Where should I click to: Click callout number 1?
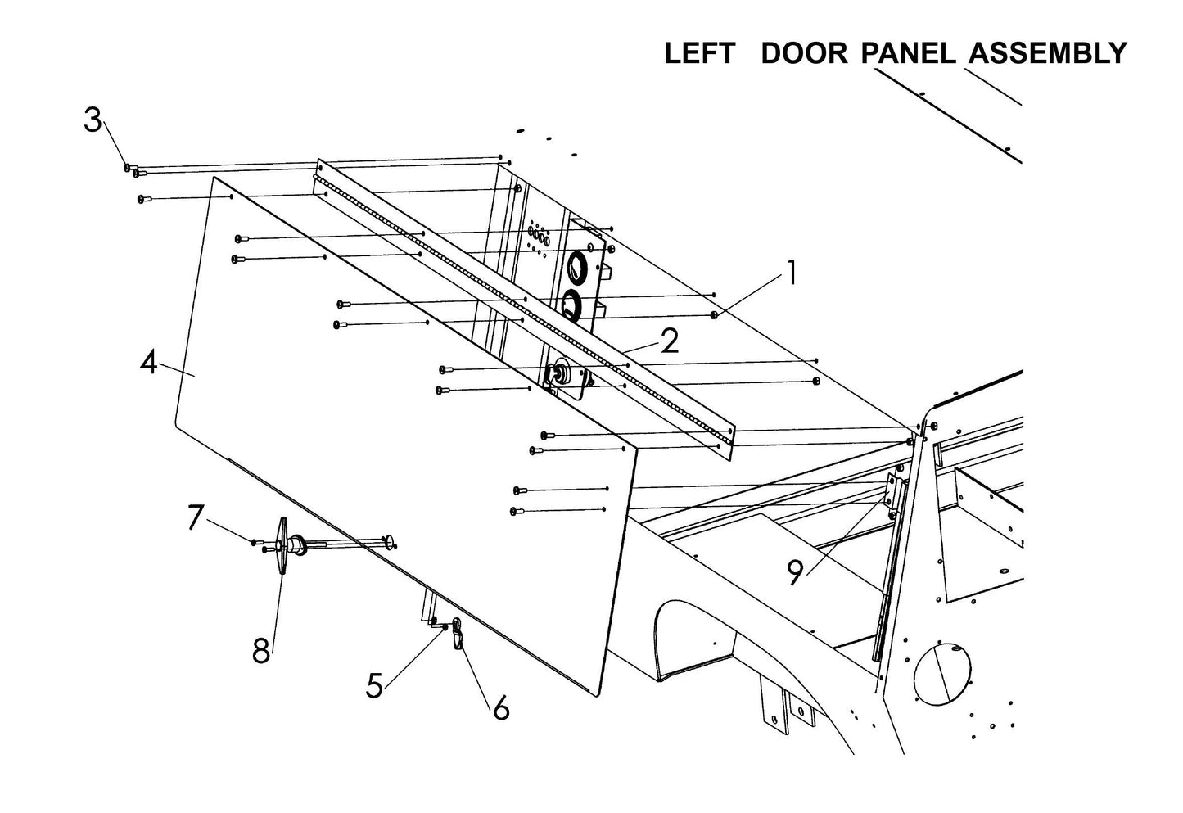click(791, 273)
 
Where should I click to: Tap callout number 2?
click(670, 341)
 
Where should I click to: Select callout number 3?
click(93, 120)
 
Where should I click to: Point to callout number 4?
click(148, 361)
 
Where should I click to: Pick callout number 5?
click(374, 685)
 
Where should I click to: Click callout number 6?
click(500, 707)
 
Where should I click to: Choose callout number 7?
click(194, 517)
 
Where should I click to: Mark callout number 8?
click(261, 652)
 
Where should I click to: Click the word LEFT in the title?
click(698, 54)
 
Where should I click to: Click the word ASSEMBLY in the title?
click(1047, 54)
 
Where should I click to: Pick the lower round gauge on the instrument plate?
click(571, 305)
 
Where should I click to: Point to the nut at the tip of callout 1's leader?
click(715, 315)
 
